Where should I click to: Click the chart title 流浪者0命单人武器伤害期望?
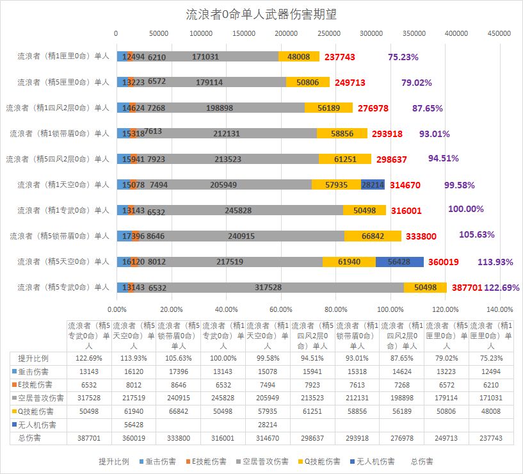(261, 13)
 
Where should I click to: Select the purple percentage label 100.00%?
(466, 209)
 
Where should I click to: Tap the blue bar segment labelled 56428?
(399, 261)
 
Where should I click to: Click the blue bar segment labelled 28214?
(373, 184)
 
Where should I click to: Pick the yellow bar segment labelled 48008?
(299, 56)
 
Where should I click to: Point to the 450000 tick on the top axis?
(499, 33)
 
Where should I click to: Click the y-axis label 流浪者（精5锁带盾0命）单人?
(60, 236)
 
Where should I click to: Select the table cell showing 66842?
(179, 411)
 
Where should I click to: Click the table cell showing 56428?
(134, 424)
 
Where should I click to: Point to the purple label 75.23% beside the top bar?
(403, 56)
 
